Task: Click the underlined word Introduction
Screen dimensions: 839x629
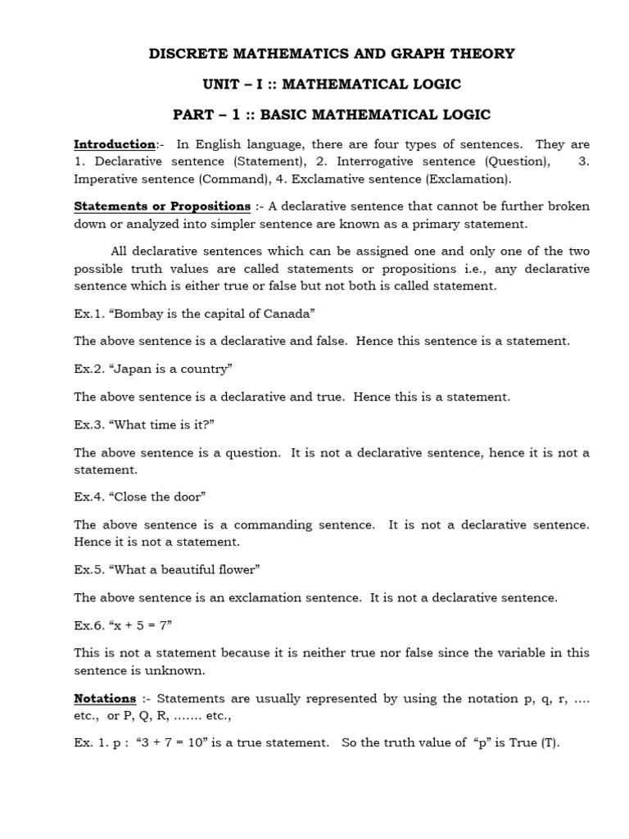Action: pyautogui.click(x=115, y=145)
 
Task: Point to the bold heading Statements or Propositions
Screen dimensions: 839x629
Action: pyautogui.click(x=162, y=206)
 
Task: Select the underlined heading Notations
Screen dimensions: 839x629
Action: pyautogui.click(x=105, y=699)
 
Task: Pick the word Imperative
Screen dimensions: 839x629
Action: pyautogui.click(x=106, y=179)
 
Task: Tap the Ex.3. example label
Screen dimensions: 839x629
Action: pyautogui.click(x=88, y=424)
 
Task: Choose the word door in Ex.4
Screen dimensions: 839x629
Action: pyautogui.click(x=186, y=497)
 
